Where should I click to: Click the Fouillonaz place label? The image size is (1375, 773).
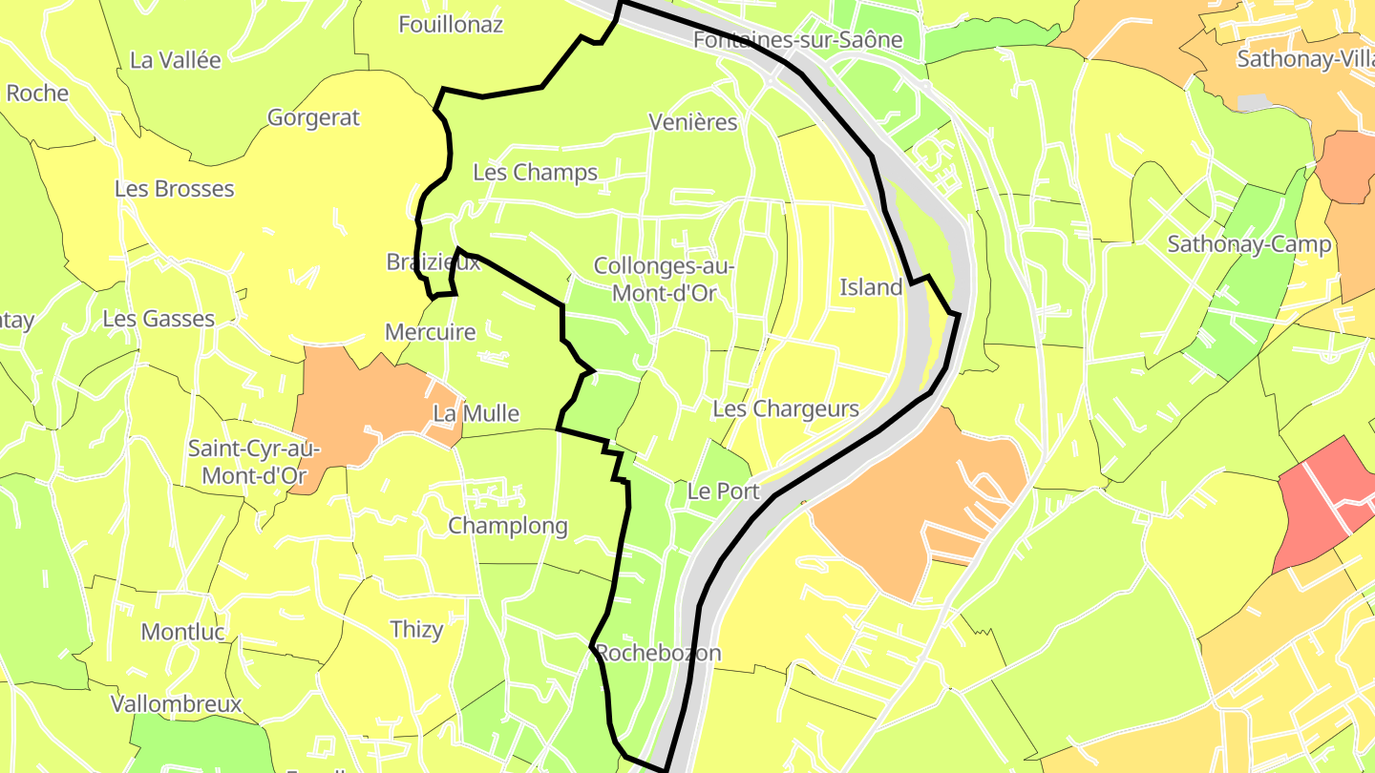tap(451, 25)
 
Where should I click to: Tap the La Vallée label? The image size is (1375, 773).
tap(175, 60)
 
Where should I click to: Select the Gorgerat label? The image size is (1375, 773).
tap(313, 117)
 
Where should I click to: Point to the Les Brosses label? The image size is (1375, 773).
tap(174, 189)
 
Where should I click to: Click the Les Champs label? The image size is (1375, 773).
tap(535, 173)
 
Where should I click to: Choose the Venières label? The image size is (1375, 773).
tap(693, 122)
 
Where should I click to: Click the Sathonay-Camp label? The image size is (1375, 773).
tap(1249, 244)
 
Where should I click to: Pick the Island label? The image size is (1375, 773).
tap(871, 287)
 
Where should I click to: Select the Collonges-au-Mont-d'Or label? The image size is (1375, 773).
tap(665, 279)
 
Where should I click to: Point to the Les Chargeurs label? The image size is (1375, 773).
tap(786, 409)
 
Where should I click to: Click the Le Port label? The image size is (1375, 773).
tap(723, 491)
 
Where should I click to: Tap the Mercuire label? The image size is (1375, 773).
tap(430, 332)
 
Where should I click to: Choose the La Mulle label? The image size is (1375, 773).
tap(476, 414)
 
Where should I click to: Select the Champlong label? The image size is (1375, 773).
tap(508, 526)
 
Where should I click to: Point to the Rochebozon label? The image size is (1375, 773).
tap(658, 654)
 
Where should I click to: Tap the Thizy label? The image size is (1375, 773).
tap(417, 630)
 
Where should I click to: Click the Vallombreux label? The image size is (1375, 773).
tap(176, 704)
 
